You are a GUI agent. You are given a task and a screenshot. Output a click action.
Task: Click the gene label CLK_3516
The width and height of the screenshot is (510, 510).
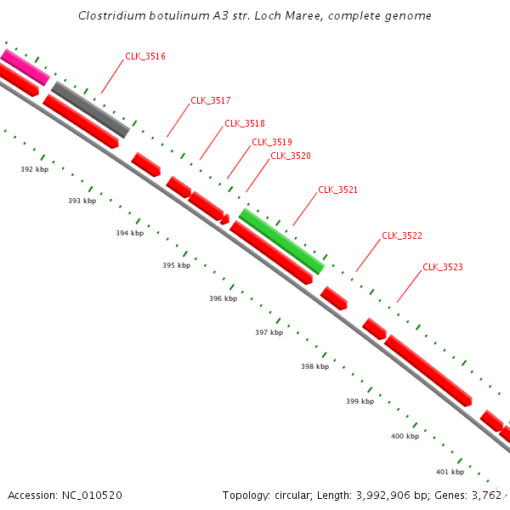tap(145, 56)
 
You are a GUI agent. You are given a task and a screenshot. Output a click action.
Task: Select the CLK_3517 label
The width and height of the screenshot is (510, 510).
tap(211, 100)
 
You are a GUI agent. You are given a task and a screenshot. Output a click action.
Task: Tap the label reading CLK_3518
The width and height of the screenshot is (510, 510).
tap(245, 123)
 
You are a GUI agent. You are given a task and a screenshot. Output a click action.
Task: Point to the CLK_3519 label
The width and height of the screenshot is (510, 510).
tap(272, 142)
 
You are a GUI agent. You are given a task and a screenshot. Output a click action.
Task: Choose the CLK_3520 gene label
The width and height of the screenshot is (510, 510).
tap(291, 156)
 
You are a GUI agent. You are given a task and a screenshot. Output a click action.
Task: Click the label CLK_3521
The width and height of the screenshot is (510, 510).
tap(338, 190)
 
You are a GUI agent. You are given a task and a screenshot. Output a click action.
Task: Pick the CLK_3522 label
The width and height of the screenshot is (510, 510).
tap(402, 235)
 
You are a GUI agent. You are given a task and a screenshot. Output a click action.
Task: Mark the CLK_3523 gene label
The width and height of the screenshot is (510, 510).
tap(443, 267)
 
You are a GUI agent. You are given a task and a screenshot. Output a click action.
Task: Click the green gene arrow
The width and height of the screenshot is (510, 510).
tap(281, 241)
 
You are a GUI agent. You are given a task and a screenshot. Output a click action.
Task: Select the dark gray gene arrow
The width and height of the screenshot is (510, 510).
tap(90, 109)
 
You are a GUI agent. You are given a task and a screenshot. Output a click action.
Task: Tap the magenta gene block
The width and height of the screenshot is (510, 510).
tap(25, 67)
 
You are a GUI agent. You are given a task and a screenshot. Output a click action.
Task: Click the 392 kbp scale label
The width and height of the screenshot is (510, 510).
tap(34, 169)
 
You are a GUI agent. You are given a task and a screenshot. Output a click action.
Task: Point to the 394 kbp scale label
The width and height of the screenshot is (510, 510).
tap(129, 233)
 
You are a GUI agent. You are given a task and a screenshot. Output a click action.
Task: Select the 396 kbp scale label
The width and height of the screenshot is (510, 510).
tap(223, 299)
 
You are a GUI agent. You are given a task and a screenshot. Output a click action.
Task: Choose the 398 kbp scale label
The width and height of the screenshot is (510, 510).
tap(314, 367)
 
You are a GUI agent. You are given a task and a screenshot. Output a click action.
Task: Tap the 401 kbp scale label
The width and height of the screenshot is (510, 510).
tap(450, 472)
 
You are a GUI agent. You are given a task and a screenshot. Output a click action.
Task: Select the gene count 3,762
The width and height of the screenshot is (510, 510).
tap(485, 495)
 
